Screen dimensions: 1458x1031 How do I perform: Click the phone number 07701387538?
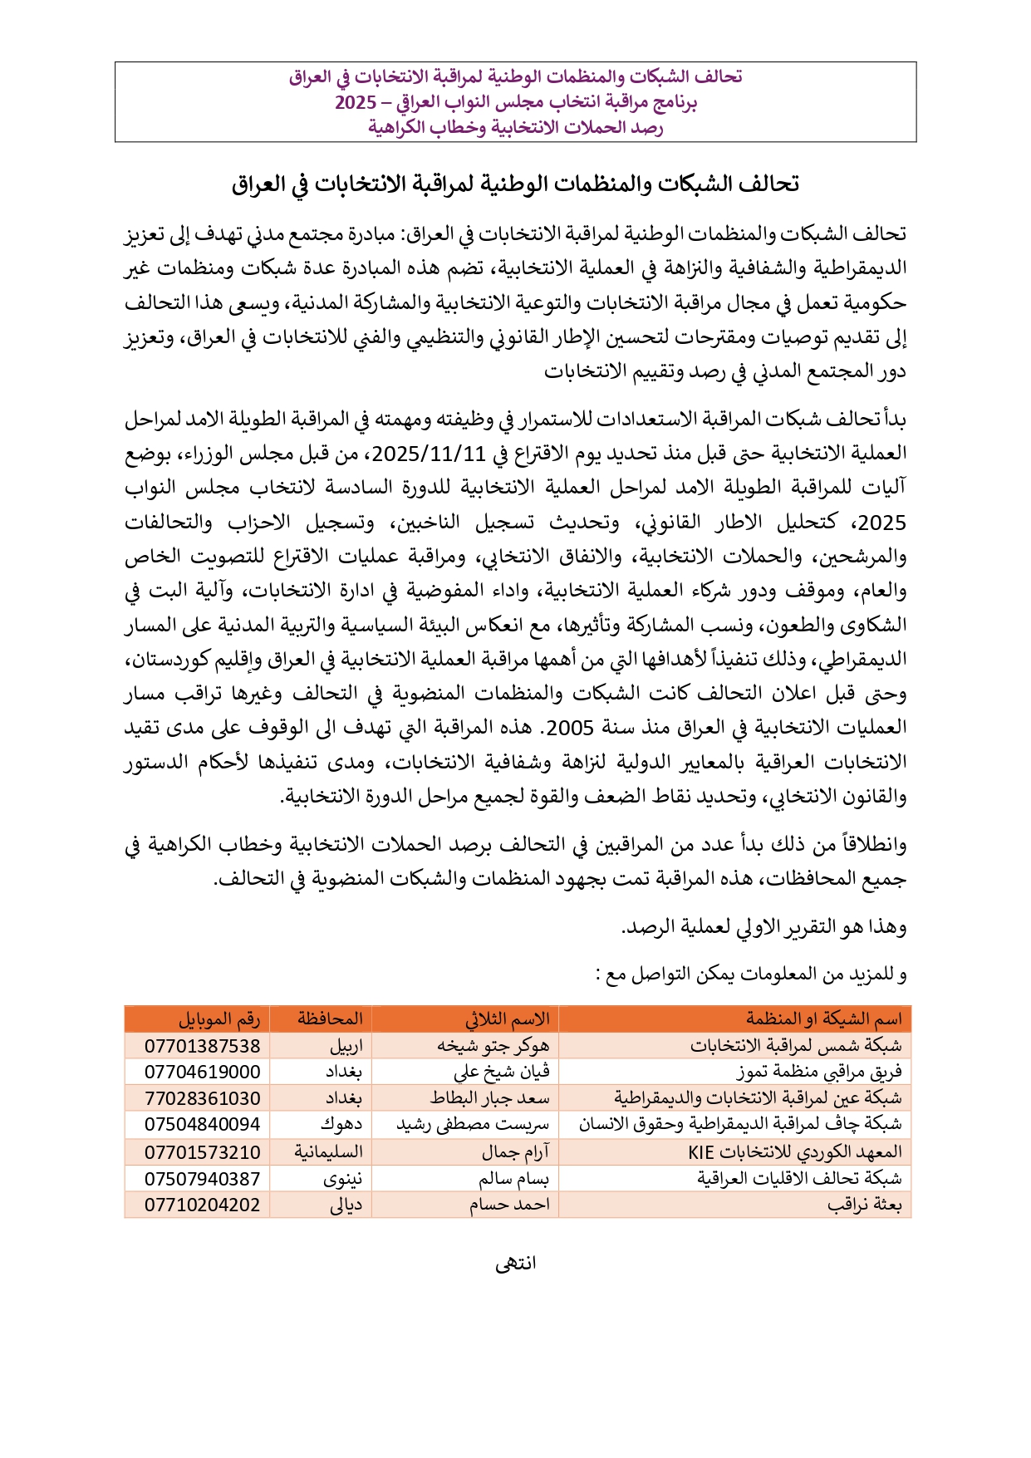pos(202,1046)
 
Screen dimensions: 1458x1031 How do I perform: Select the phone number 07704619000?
pos(202,1073)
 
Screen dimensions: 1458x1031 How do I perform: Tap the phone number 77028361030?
pos(202,1099)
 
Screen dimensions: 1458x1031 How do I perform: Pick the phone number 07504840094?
pos(202,1125)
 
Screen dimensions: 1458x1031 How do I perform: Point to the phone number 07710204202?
pos(202,1205)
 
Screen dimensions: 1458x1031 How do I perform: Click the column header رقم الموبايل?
pos(219,1019)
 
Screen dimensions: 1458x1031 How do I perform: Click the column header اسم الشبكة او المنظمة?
pos(823,1019)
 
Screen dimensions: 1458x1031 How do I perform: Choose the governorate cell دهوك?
pos(341,1125)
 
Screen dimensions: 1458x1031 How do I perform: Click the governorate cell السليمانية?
pos(328,1152)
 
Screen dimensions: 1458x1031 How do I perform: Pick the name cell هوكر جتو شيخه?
pos(493,1046)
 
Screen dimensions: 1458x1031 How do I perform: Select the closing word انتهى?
pos(515,1264)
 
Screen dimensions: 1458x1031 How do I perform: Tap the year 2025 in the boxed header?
pos(356,103)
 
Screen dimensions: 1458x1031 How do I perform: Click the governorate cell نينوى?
pos(342,1179)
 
